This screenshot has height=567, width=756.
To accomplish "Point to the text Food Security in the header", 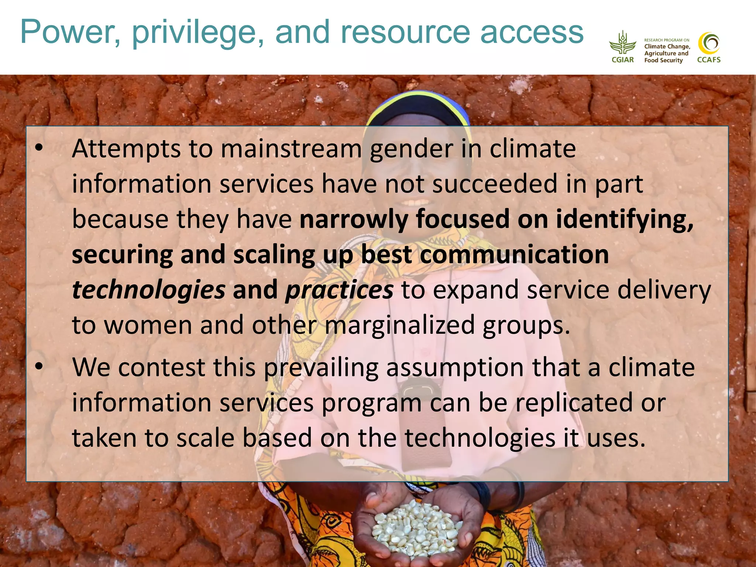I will (x=663, y=60).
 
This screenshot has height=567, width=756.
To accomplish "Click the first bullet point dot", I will (x=39, y=148).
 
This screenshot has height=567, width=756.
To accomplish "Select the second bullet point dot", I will (x=39, y=367).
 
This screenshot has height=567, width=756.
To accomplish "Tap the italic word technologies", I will (x=148, y=290).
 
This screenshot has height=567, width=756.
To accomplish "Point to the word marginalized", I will (x=400, y=325).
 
